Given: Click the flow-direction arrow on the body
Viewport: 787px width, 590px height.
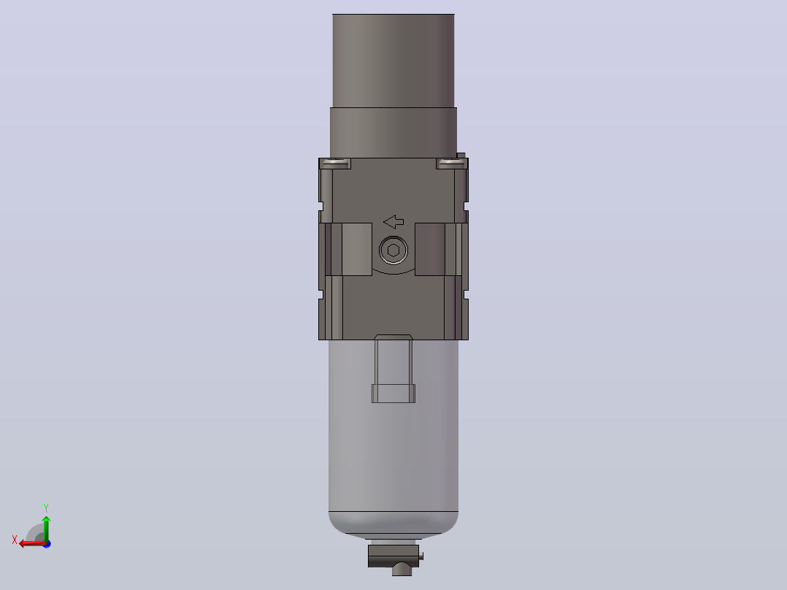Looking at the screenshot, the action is click(x=393, y=221).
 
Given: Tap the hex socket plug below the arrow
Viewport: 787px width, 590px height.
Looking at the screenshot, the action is click(x=393, y=250).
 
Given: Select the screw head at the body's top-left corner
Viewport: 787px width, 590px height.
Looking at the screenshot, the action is click(x=335, y=162).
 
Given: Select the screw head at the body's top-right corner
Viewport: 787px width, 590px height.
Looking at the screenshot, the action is click(x=452, y=162).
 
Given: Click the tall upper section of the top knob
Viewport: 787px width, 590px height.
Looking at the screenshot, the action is click(x=393, y=61).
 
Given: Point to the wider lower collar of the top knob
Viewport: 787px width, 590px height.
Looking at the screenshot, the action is click(x=393, y=133).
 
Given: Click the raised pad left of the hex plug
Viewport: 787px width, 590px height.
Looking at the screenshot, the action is click(x=357, y=249).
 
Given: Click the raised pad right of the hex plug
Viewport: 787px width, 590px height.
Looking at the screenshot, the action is click(x=430, y=249).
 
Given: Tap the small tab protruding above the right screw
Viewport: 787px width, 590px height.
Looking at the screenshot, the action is click(x=461, y=156).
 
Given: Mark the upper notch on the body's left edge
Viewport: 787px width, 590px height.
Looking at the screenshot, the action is click(x=321, y=207).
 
